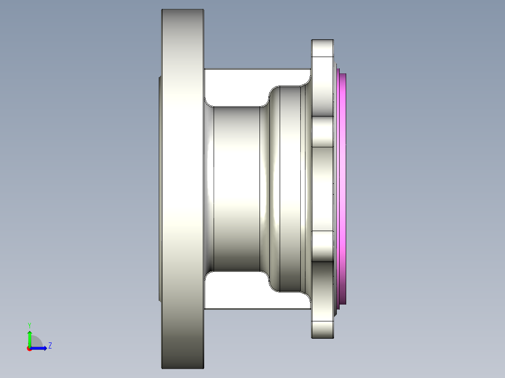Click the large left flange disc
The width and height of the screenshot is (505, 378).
tap(183, 187)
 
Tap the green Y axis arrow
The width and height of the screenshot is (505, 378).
tap(30, 338)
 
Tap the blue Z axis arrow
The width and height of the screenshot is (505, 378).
tap(40, 348)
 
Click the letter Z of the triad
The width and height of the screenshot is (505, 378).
tap(50, 346)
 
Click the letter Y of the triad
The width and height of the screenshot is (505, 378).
tap(30, 325)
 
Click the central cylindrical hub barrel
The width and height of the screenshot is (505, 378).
tap(237, 187)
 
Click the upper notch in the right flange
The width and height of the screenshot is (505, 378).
tap(322, 132)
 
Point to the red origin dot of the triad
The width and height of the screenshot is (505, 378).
tap(29, 349)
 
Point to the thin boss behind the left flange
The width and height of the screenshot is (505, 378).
tap(160, 187)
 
